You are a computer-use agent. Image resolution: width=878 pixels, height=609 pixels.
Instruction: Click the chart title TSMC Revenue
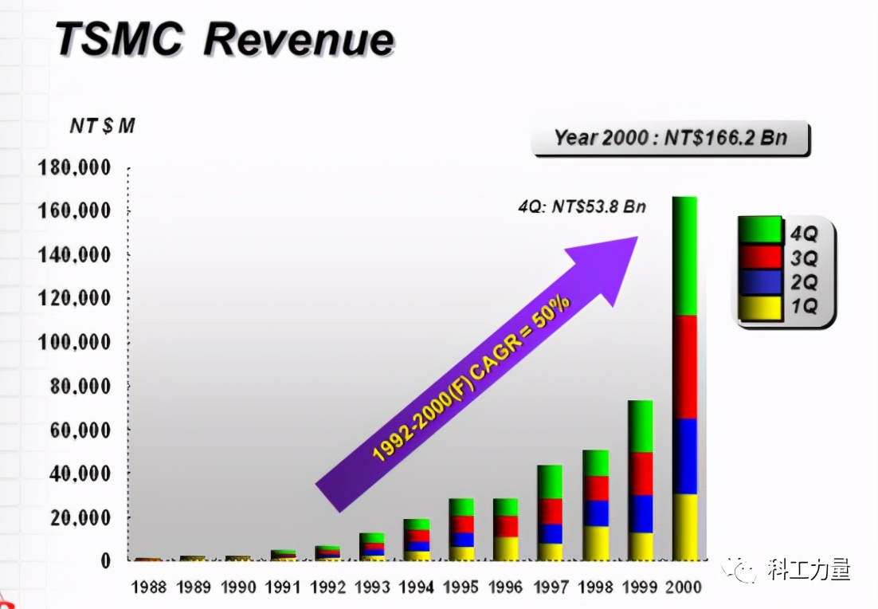tap(225, 39)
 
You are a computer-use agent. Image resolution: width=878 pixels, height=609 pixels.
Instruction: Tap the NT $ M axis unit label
tap(101, 126)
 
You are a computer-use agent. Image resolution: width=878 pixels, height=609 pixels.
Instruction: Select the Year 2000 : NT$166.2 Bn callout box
tap(670, 138)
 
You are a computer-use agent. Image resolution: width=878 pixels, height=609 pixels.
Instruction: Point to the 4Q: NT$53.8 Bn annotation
tap(582, 207)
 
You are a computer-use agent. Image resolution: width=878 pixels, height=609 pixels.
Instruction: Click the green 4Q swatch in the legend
tap(759, 230)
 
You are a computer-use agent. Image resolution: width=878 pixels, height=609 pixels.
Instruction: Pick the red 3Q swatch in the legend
tap(759, 257)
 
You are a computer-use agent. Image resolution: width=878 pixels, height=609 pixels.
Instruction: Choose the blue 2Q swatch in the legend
tap(759, 282)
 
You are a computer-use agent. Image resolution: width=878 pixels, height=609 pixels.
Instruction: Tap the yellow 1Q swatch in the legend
tap(759, 307)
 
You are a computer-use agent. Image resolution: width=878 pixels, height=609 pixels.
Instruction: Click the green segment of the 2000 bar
tap(684, 255)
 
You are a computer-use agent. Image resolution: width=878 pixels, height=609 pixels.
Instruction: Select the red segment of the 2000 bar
tap(684, 367)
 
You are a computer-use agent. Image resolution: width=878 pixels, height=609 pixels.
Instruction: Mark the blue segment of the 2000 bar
tap(684, 456)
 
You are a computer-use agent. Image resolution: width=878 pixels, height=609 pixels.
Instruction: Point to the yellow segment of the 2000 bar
tap(684, 527)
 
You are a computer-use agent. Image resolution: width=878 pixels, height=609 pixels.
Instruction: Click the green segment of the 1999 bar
tap(640, 426)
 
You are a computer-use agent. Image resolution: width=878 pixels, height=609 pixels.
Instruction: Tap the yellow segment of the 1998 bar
tap(595, 543)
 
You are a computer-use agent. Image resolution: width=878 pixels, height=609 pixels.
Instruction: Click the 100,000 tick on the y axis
tap(73, 342)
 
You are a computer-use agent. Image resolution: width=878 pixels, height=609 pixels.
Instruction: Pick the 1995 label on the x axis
tap(461, 587)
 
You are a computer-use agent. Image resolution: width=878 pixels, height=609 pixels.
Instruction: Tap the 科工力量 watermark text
tap(809, 570)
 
